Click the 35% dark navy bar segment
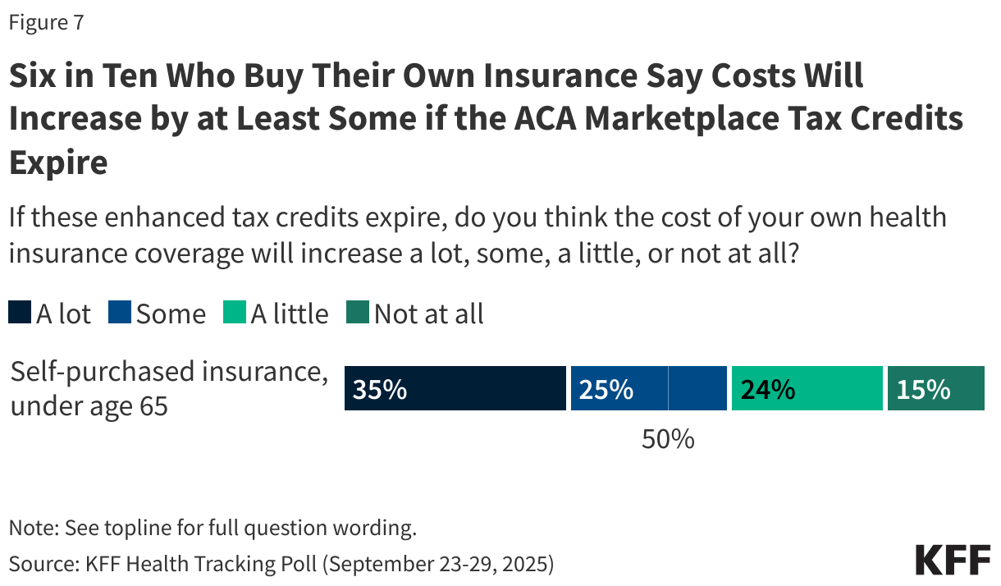pyautogui.click(x=476, y=388)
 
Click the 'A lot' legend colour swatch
pyautogui.click(x=20, y=314)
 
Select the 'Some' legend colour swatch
pyautogui.click(x=120, y=314)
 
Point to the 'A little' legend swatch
pyautogui.click(x=235, y=314)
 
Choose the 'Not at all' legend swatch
pyautogui.click(x=359, y=314)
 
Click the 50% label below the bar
pyautogui.click(x=668, y=439)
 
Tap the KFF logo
pyautogui.click(x=953, y=560)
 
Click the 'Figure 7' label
pyautogui.click(x=46, y=23)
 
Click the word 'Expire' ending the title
pyautogui.click(x=58, y=163)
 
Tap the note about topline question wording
pyautogui.click(x=213, y=527)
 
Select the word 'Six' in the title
pyautogui.click(x=32, y=76)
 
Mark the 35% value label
pyautogui.click(x=379, y=389)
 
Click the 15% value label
pyautogui.click(x=923, y=389)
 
